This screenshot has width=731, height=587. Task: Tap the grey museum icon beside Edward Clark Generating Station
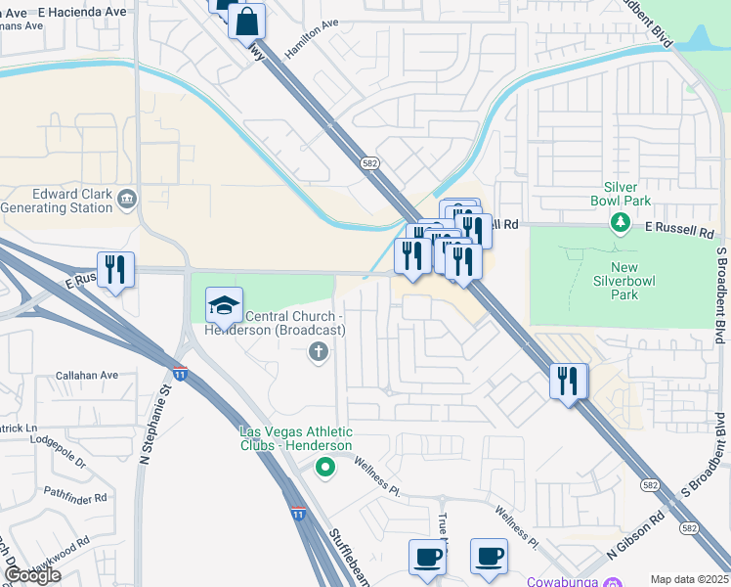pyautogui.click(x=127, y=201)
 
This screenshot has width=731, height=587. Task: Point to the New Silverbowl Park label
pyautogui.click(x=617, y=281)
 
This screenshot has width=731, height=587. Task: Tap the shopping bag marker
pyautogui.click(x=247, y=21)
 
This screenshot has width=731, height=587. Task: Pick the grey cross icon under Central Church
pyautogui.click(x=317, y=352)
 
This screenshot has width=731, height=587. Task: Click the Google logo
pyautogui.click(x=32, y=575)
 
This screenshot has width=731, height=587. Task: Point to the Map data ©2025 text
pyautogui.click(x=689, y=579)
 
